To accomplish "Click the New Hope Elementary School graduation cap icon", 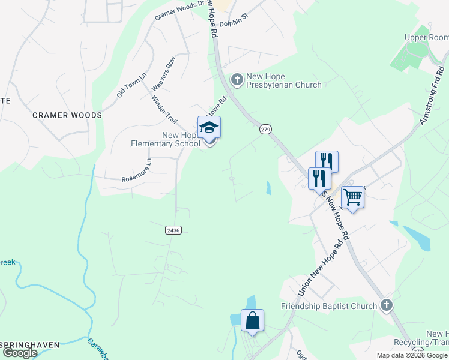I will (209, 128).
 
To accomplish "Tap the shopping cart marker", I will (352, 196).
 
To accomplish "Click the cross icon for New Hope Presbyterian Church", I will (237, 79).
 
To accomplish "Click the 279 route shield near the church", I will (265, 129).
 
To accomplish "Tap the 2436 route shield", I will (172, 230).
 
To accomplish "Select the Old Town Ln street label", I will (131, 86).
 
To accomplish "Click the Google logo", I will (20, 353).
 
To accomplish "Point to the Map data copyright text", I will (412, 355).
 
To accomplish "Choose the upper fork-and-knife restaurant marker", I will (327, 161).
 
